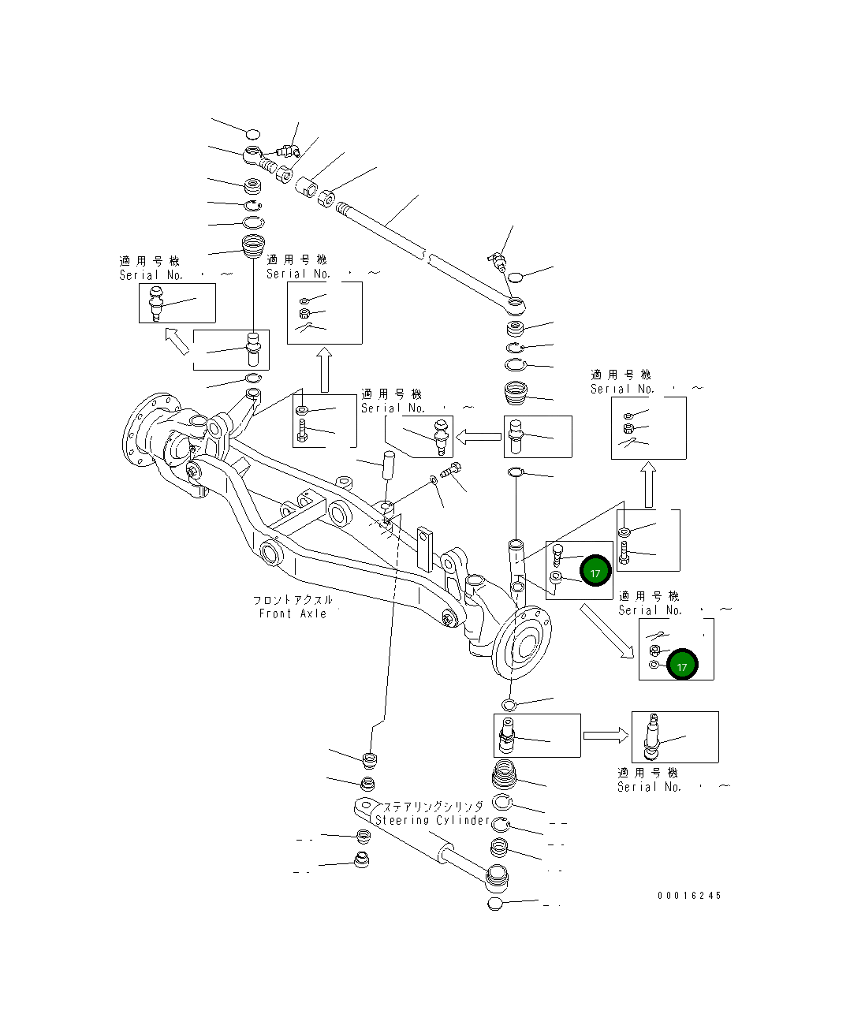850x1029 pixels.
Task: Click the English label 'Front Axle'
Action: (x=293, y=613)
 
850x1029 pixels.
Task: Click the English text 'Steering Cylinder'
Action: (x=432, y=820)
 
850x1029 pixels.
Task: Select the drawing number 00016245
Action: (x=689, y=895)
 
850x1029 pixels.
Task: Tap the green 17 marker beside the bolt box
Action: (x=595, y=572)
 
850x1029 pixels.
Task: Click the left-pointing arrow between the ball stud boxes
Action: (x=479, y=436)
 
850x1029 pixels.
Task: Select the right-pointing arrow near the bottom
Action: (x=606, y=736)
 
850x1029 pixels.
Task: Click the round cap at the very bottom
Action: (x=494, y=904)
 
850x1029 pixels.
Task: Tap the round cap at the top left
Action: (x=252, y=133)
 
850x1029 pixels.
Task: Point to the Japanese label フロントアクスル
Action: (x=293, y=600)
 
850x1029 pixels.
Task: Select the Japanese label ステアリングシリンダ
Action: (x=433, y=807)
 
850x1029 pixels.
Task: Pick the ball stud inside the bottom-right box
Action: (x=654, y=736)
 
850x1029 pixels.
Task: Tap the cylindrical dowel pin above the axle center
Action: (x=389, y=464)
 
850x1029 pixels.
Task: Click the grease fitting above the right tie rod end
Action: (x=498, y=259)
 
